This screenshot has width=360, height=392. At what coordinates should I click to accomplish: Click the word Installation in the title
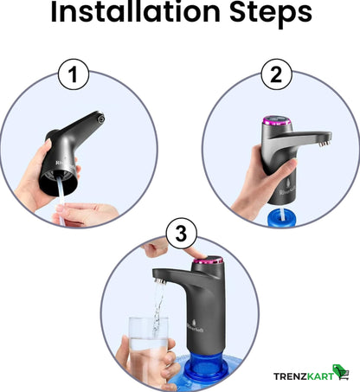135,11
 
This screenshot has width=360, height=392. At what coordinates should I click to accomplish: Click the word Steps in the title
271,12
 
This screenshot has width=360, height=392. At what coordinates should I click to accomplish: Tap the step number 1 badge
74,74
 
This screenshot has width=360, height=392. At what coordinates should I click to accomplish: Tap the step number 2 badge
276,74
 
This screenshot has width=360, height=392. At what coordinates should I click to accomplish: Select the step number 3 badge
181,233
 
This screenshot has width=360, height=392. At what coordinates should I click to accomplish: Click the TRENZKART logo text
303,376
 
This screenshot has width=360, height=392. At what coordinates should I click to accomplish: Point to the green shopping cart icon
341,372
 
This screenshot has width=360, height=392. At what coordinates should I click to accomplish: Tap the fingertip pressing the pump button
199,254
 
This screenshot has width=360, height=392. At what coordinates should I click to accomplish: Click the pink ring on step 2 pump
276,122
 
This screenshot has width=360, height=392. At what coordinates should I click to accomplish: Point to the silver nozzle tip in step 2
325,143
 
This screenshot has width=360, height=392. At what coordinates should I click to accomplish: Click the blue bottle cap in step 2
282,217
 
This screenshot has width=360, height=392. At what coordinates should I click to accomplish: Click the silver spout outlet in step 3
160,280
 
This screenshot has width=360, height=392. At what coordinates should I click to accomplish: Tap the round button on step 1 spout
100,119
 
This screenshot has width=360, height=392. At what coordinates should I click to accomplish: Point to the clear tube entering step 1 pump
61,199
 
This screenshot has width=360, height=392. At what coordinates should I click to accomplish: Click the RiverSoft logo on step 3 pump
195,326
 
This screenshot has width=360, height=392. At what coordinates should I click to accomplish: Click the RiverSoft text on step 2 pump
287,190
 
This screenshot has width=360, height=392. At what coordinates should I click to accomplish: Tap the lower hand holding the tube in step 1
86,215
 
